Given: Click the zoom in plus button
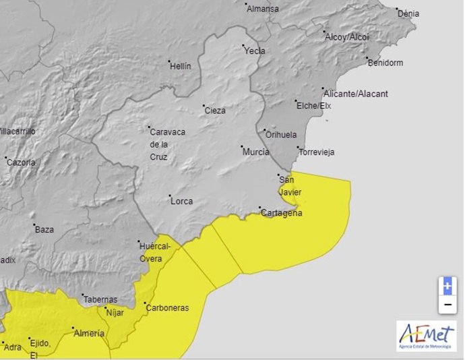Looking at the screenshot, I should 446,286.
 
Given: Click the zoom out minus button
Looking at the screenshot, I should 446,305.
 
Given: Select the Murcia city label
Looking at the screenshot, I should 256,152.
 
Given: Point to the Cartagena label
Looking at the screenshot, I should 282,213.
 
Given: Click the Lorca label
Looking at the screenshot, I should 181,201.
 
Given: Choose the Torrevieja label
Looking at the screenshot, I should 317,152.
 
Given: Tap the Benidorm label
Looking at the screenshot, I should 385,63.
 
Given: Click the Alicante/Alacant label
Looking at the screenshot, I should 354,94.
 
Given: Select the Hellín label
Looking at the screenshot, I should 180,66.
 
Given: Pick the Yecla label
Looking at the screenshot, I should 255,51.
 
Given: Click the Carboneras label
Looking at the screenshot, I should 167,308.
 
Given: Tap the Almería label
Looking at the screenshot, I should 88,333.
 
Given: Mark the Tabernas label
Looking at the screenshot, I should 100,299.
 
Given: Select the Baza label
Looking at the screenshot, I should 44,229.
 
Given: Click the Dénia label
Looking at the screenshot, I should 408,13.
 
